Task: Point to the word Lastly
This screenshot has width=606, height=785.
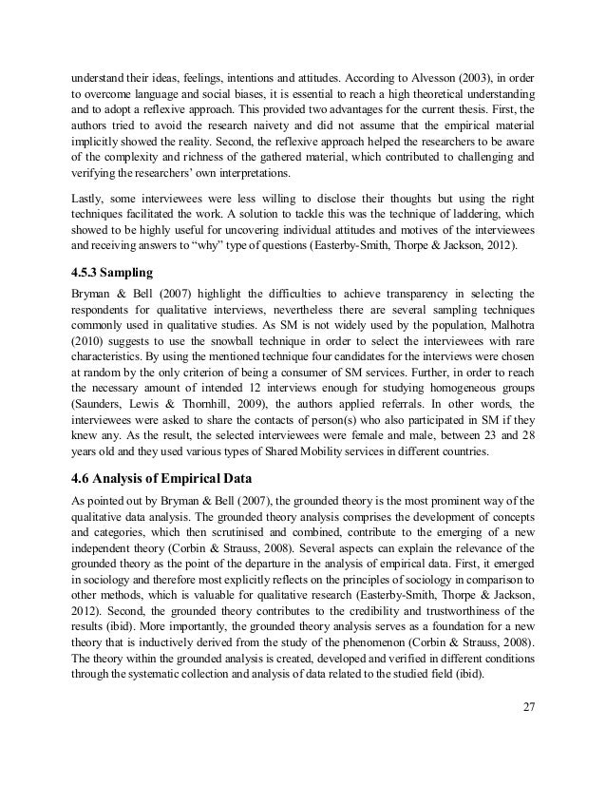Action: pos(89,198)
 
